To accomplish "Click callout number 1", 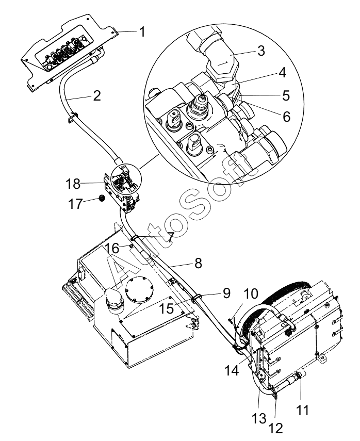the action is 142,31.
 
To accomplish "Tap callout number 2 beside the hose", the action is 97,96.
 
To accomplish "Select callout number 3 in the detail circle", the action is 261,51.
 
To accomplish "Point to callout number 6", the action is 286,117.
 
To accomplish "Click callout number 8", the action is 198,264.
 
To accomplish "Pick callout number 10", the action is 251,294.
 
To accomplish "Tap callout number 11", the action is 302,410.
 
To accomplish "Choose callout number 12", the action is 275,428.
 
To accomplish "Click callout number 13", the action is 259,418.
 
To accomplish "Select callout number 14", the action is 232,370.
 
